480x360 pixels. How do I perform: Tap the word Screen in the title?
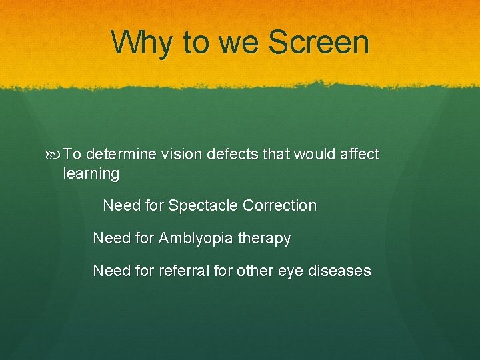coord(318,43)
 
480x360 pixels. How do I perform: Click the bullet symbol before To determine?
coord(55,155)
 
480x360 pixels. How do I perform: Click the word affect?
coord(359,155)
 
